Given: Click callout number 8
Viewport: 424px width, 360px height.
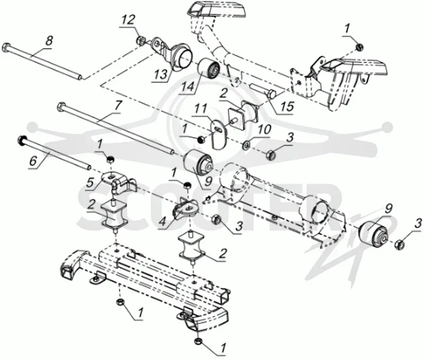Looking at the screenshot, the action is (49, 42).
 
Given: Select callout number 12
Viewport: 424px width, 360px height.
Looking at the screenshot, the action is (128, 20).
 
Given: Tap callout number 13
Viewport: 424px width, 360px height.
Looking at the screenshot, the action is (161, 74).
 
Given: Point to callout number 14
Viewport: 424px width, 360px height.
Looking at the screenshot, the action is (189, 87).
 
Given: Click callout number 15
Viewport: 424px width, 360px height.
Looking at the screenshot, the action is (287, 106).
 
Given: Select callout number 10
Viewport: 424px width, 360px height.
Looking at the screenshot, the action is (264, 130).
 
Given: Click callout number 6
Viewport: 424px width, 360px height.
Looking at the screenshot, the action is (33, 161).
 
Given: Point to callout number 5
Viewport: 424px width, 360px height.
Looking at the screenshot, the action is (90, 183).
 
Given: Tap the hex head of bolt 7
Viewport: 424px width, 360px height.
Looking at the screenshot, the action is (61, 105).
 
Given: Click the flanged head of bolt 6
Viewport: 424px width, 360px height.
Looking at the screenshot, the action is (21, 139).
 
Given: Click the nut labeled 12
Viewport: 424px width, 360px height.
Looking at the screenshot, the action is (140, 41).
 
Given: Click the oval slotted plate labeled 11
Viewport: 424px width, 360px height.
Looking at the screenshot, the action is (218, 134).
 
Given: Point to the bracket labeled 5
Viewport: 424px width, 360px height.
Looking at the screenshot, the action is (118, 183).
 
